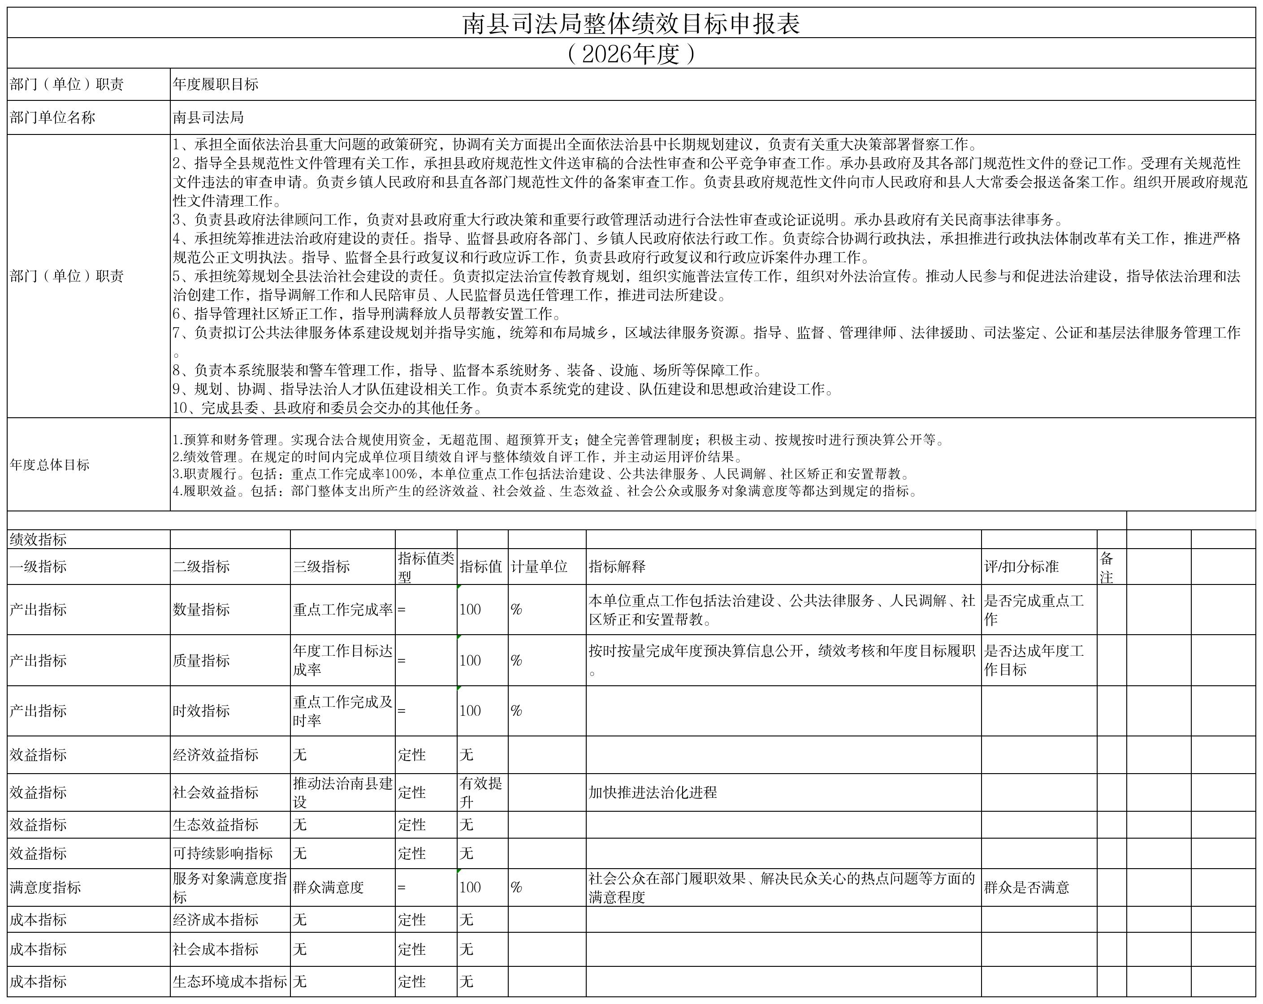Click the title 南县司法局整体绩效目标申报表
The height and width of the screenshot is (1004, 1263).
[631, 24]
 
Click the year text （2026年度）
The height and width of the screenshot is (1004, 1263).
[631, 54]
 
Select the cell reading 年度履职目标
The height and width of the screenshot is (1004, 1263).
[216, 84]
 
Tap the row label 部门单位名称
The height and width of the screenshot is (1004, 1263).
[52, 118]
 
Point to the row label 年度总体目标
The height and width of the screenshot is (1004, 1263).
[50, 464]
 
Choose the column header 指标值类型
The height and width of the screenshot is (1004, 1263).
[426, 567]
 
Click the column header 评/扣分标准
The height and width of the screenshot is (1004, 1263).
[1021, 567]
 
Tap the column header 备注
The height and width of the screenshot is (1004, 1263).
[1106, 567]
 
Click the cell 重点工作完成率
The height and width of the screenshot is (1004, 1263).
[343, 609]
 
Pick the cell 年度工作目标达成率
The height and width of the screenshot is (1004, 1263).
[343, 660]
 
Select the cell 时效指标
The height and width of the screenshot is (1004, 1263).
[201, 710]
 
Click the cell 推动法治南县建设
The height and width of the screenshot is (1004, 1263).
[343, 792]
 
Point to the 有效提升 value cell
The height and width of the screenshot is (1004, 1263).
[481, 792]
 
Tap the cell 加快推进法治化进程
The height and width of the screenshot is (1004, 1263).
[653, 792]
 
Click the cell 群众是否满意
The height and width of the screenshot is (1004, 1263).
[1026, 887]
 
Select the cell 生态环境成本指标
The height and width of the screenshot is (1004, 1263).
[229, 981]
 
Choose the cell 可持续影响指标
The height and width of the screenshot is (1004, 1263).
[223, 853]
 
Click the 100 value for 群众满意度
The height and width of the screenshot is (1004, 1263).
[471, 887]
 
